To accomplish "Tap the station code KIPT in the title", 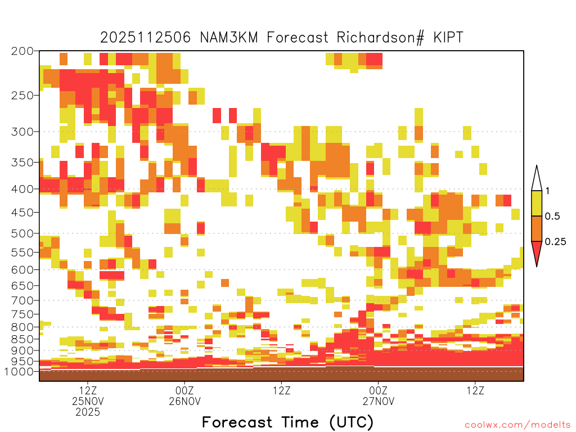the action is [x=448, y=38].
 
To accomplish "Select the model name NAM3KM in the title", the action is [x=229, y=38].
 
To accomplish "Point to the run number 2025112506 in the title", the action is [x=146, y=38].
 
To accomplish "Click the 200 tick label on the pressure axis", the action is [x=22, y=51].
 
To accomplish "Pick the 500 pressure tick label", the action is [x=22, y=233].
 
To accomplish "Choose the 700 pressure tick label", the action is [x=22, y=300].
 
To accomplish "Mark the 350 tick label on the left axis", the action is [x=22, y=163].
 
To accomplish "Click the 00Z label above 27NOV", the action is [x=379, y=390].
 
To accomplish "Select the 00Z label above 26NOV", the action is [x=184, y=390].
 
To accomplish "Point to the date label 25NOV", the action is [x=88, y=401].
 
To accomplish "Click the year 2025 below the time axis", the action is [x=88, y=412].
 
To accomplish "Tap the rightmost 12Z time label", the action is [x=475, y=390].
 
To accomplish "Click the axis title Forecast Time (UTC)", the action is [x=287, y=422].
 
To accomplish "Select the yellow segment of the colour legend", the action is [x=537, y=203].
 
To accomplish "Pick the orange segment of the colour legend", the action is [x=537, y=228].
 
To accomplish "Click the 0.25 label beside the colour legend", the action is [x=555, y=242].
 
